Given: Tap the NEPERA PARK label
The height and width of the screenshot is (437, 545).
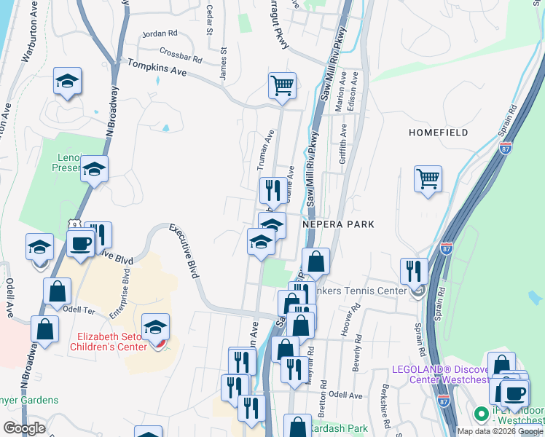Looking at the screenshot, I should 338,224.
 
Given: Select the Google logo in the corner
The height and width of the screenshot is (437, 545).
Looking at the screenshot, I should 25,428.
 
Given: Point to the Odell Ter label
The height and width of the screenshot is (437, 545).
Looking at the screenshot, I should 79,310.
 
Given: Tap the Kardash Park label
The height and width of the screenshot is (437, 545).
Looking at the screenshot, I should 339,428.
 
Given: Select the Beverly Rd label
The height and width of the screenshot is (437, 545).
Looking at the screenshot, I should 357,355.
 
